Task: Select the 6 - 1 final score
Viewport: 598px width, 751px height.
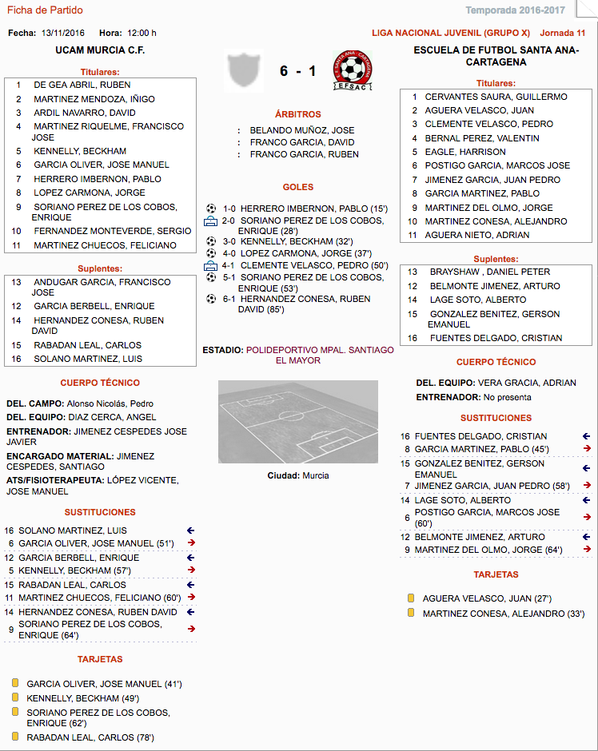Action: pos(297,71)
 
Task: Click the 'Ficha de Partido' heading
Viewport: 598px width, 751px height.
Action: pos(45,10)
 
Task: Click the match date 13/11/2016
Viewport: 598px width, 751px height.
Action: pos(63,33)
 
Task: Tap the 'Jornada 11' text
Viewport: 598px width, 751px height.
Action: pos(563,33)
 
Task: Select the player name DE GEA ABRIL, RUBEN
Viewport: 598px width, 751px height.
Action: pos(82,85)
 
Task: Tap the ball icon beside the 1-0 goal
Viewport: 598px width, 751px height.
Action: pos(211,209)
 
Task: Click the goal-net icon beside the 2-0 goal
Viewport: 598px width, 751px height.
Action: pos(210,221)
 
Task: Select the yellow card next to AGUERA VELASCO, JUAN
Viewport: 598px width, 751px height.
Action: pos(411,598)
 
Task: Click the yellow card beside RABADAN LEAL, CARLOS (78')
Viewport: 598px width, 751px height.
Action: pos(14,737)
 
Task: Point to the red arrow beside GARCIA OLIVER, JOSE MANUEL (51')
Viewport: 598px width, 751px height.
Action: pos(191,543)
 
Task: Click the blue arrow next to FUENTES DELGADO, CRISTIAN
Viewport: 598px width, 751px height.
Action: pos(586,436)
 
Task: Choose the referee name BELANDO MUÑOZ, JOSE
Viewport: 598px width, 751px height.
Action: pos(302,130)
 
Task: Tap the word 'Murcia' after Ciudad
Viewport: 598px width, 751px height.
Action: pos(315,475)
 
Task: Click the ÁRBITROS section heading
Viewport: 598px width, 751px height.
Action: pos(298,114)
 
